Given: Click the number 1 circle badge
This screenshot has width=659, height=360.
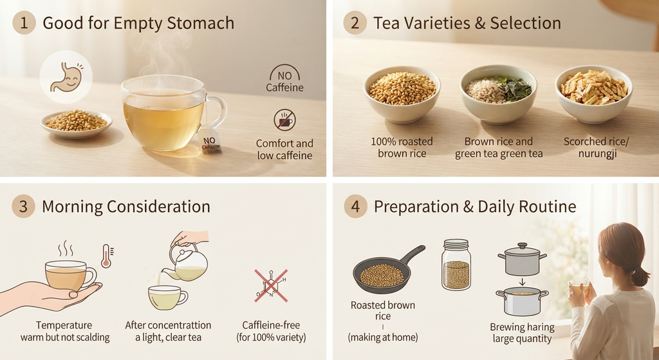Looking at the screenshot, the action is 24,23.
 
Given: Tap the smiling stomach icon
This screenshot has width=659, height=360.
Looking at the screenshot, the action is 66,77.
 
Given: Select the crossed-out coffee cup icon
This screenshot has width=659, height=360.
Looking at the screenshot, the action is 285,120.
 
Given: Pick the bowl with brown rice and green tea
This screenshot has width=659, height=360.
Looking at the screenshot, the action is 499,94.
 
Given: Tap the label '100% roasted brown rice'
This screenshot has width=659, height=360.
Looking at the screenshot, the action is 402,147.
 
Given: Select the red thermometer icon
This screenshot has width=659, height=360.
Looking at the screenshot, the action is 106,256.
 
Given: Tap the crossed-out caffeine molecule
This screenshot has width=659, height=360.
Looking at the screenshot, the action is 271,286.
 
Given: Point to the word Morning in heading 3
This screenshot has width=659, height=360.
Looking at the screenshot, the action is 71,207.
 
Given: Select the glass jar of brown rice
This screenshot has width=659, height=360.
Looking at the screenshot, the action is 456,265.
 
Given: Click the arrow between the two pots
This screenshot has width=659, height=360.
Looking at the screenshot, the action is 521,281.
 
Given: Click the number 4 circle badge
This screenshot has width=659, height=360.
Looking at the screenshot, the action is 355,207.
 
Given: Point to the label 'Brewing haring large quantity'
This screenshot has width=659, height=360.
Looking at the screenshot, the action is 522,333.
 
